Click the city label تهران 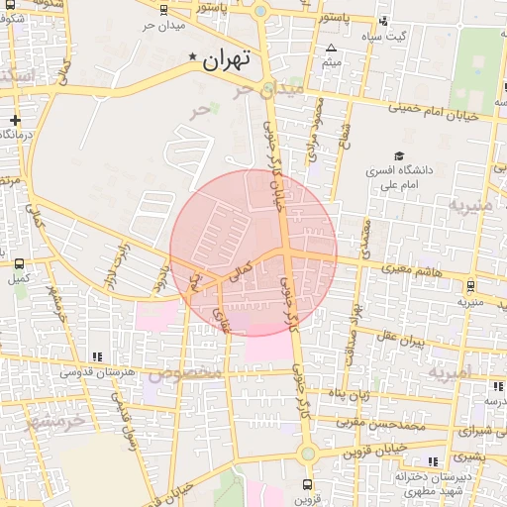click(229, 59)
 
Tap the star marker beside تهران click(192, 57)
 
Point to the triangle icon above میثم click(331, 48)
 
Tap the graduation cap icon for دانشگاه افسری click(398, 155)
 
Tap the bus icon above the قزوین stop click(308, 484)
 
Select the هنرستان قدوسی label click(96, 372)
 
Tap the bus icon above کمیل click(19, 263)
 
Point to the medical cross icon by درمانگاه click(15, 121)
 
